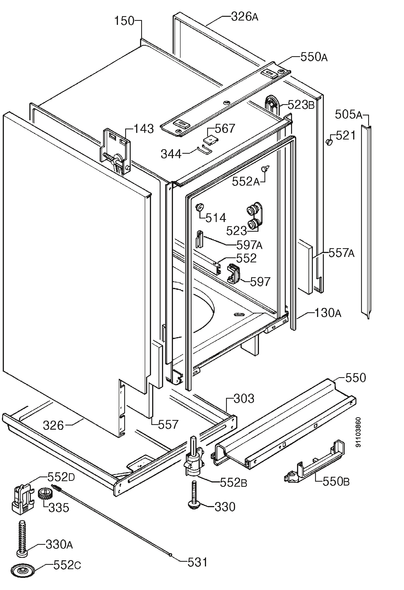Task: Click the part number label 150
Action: [x=124, y=21]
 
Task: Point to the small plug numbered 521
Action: [x=329, y=142]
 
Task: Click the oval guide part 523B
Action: [x=272, y=104]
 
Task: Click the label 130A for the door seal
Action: [x=328, y=313]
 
